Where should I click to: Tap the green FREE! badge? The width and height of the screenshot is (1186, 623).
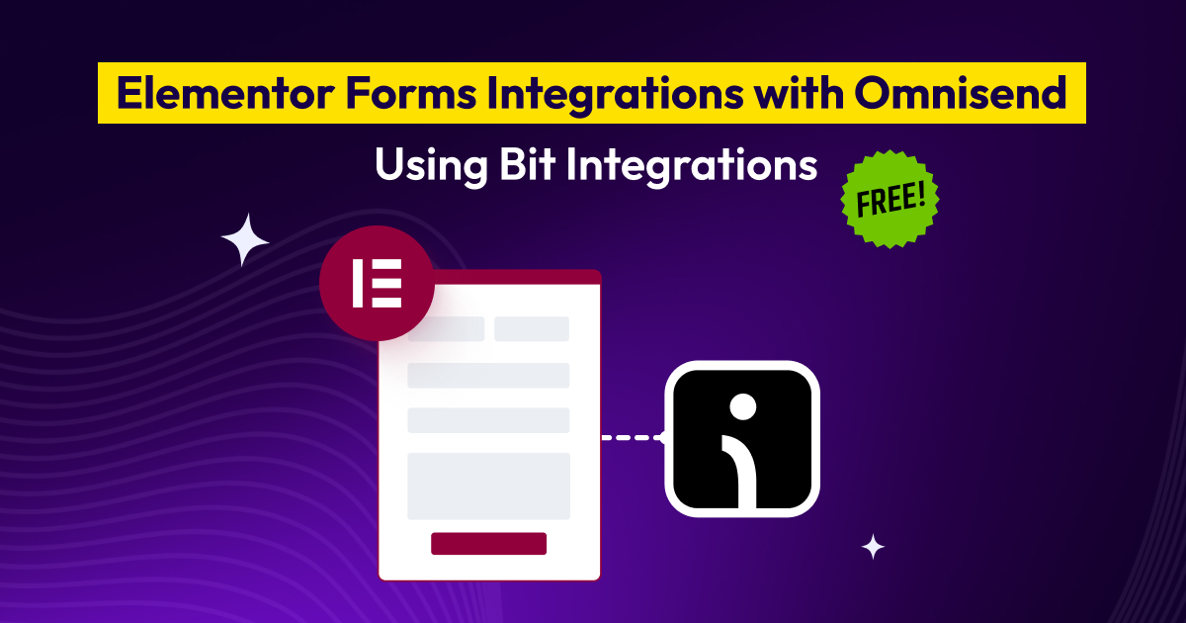tap(889, 200)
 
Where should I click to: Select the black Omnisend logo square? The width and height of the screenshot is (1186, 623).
tap(742, 438)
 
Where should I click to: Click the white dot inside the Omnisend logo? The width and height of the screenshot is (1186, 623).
tap(742, 405)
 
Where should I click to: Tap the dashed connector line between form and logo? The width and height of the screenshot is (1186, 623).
tap(633, 437)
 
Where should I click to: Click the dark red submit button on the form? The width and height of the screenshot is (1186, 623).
tap(488, 544)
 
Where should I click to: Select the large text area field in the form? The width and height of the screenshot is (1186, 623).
tap(488, 486)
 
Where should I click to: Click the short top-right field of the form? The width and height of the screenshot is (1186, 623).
tap(532, 329)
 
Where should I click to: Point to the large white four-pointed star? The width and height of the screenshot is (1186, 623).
tap(245, 240)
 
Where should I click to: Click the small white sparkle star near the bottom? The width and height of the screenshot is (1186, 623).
tap(872, 547)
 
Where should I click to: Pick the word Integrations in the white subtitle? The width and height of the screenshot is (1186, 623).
tap(691, 165)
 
